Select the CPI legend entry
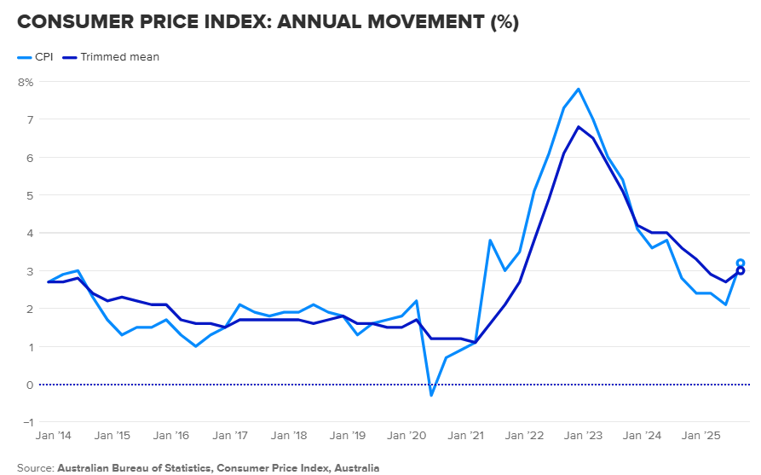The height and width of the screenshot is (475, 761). pyautogui.click(x=35, y=57)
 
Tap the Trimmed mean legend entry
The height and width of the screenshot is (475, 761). pyautogui.click(x=111, y=57)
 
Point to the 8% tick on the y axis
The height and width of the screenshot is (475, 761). pyautogui.click(x=26, y=82)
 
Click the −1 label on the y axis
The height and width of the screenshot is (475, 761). pyautogui.click(x=28, y=422)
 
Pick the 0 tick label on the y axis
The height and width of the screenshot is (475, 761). pyautogui.click(x=30, y=385)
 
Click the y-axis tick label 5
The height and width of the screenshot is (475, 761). pyautogui.click(x=30, y=195)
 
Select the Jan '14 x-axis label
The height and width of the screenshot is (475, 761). pyautogui.click(x=54, y=435)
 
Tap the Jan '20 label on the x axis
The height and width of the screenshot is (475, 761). pyautogui.click(x=406, y=435)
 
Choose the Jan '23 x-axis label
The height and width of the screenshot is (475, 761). pyautogui.click(x=583, y=435)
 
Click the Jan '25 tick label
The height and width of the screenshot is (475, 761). pyautogui.click(x=700, y=435)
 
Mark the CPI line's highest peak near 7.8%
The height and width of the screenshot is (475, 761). pyautogui.click(x=578, y=89)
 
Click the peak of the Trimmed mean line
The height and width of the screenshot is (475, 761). pyautogui.click(x=578, y=127)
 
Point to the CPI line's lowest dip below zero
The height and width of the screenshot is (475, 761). pyautogui.click(x=431, y=396)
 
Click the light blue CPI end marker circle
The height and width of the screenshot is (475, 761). pyautogui.click(x=741, y=264)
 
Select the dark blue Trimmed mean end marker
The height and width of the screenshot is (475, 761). pyautogui.click(x=741, y=271)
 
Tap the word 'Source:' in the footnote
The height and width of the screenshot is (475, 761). pyautogui.click(x=36, y=468)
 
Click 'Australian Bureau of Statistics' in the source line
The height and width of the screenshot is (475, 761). pyautogui.click(x=135, y=468)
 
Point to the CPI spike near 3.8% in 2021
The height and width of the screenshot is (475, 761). pyautogui.click(x=490, y=240)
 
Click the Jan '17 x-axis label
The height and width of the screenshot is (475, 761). pyautogui.click(x=230, y=435)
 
